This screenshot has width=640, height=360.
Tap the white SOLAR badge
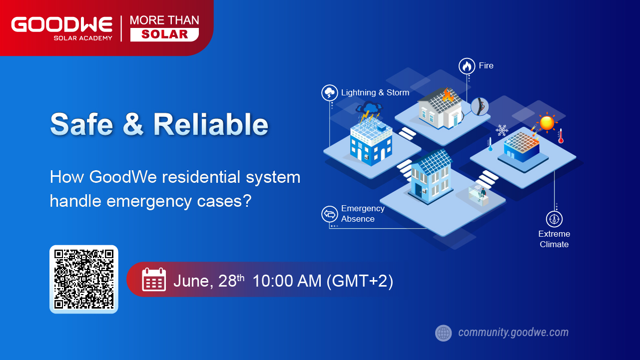[x=164, y=34]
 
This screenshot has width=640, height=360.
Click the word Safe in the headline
[x=82, y=124]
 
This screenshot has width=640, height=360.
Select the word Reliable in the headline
[x=211, y=124]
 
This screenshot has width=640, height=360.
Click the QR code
[x=84, y=279]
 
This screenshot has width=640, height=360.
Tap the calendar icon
[x=154, y=280]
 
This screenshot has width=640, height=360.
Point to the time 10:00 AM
[x=287, y=281]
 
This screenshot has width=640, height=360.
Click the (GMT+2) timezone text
[x=360, y=281]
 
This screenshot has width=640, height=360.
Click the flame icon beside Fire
[x=467, y=66]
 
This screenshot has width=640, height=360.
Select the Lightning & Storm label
[x=375, y=92]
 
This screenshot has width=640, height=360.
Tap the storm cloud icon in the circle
[x=330, y=92]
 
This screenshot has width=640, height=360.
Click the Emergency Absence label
[x=363, y=214]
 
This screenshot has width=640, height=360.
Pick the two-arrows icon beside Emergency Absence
[x=330, y=214]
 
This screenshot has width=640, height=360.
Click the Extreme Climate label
[x=554, y=239]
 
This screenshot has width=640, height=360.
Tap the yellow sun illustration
[x=547, y=122]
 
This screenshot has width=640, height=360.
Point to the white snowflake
[x=502, y=130]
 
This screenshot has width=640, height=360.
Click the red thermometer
[x=561, y=136]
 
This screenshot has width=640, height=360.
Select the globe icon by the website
[x=444, y=333]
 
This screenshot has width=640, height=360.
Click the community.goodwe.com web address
[x=514, y=333]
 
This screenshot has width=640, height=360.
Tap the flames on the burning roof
[x=448, y=95]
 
